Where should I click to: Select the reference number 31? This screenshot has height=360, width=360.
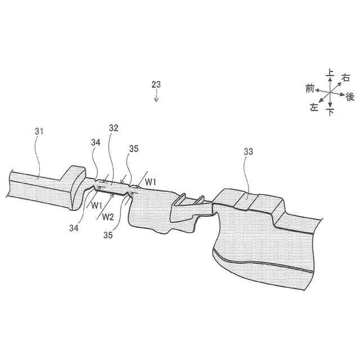click(x=39, y=131)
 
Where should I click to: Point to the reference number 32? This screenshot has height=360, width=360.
click(x=114, y=128)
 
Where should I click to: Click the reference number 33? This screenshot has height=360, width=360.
click(x=248, y=151)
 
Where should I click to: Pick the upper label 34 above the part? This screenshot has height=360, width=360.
click(x=95, y=143)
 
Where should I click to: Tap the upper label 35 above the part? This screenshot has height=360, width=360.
click(x=133, y=149)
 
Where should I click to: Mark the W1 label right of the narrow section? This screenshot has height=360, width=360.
click(x=150, y=182)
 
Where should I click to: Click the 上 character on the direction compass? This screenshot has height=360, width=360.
click(x=330, y=73)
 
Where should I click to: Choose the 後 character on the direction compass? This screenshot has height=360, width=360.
click(x=350, y=96)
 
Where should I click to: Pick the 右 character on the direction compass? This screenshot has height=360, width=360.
click(x=346, y=78)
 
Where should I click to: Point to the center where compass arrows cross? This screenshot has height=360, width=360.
click(x=330, y=92)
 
